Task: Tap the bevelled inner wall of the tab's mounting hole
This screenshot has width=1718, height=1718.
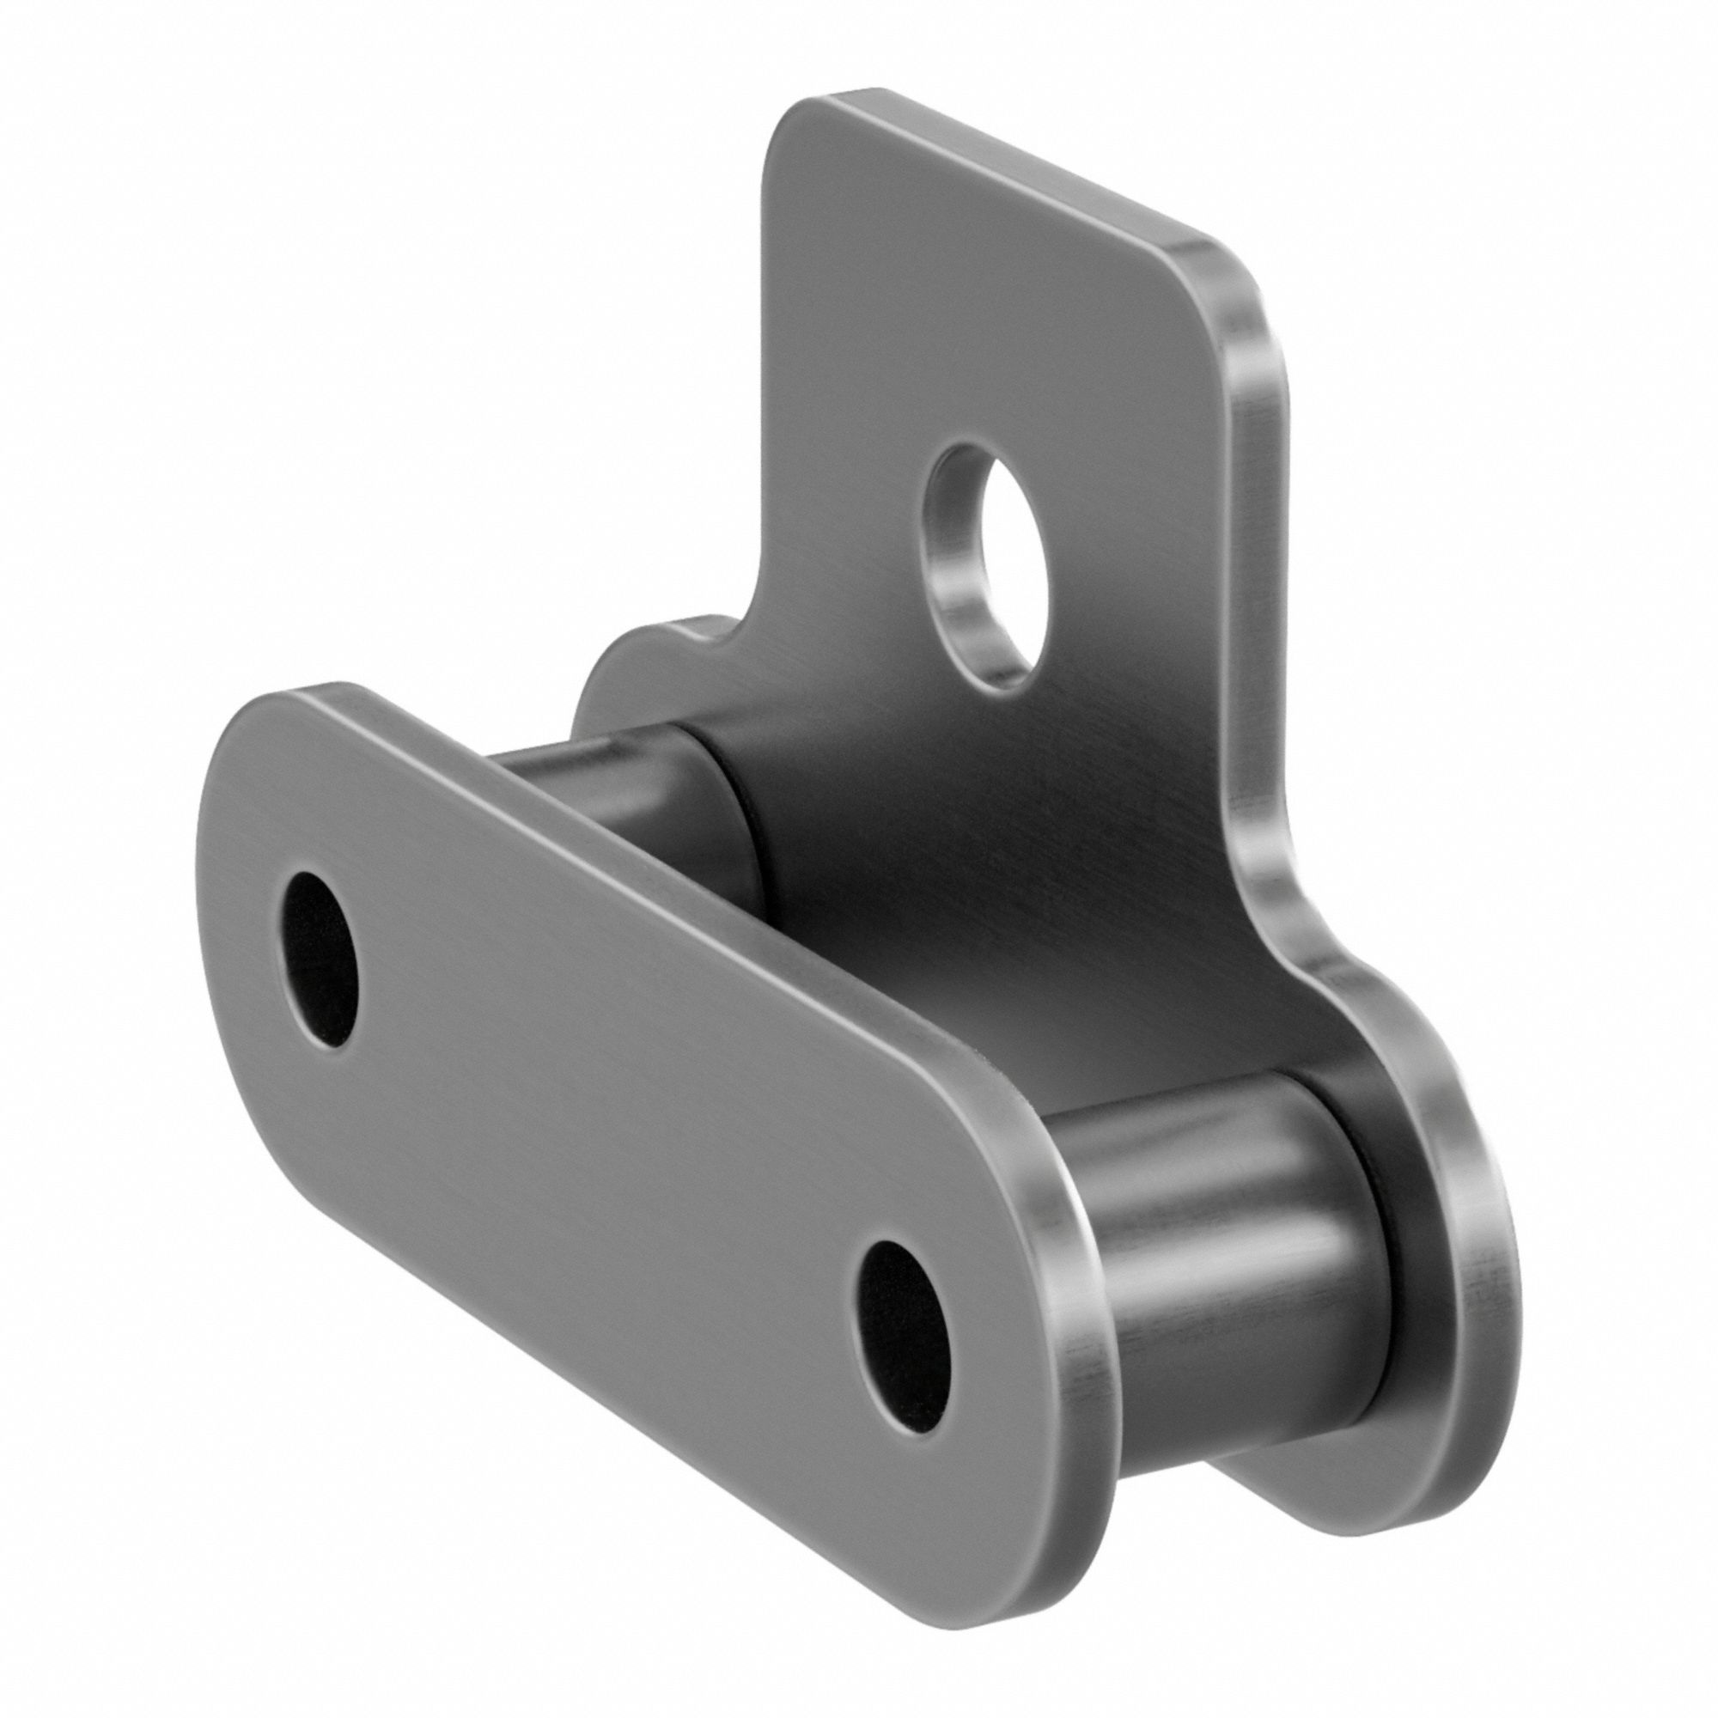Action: pyautogui.click(x=960, y=605)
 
